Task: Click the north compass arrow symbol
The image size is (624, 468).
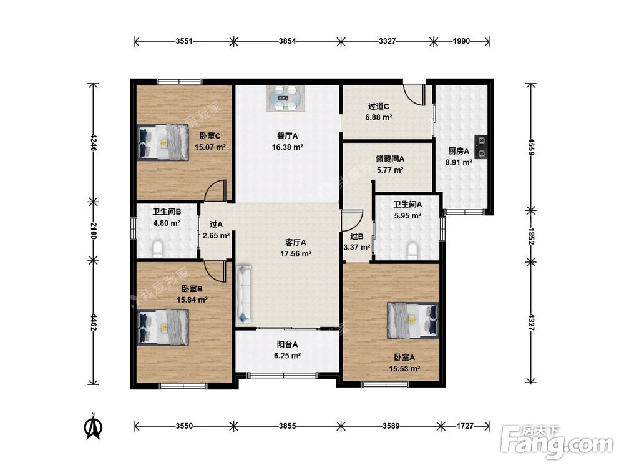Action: [x=94, y=426]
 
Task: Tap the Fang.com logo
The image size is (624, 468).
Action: [x=557, y=442]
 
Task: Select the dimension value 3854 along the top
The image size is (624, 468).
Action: [x=287, y=41]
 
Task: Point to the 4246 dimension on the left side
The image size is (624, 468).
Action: [x=94, y=142]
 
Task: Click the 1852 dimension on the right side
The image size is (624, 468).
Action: [x=531, y=236]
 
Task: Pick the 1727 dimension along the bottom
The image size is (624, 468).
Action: [x=465, y=426]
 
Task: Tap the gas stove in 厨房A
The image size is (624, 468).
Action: [x=481, y=147]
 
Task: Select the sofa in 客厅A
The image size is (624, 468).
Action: [x=245, y=294]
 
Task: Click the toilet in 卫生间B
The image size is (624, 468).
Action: [x=158, y=248]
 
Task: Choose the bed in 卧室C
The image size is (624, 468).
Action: [x=163, y=142]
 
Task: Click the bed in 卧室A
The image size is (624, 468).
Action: [x=413, y=320]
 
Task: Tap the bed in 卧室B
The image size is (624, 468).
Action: [x=163, y=327]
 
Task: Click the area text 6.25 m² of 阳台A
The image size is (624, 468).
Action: [x=287, y=356]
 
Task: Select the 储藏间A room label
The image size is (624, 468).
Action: [x=390, y=158]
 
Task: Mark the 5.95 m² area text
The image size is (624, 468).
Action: [x=407, y=216]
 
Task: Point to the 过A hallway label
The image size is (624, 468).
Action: [x=216, y=225]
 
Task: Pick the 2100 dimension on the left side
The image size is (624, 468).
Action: [x=94, y=231]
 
